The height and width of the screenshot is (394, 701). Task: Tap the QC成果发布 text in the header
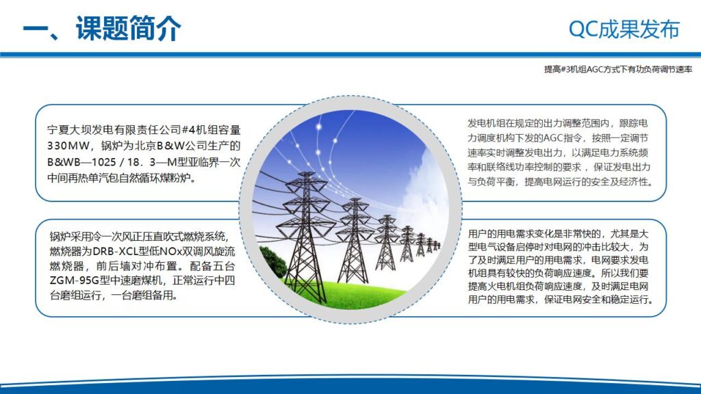(x=624, y=29)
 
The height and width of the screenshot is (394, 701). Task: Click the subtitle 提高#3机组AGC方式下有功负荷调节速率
(x=618, y=69)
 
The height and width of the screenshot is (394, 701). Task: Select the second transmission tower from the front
(x=354, y=237)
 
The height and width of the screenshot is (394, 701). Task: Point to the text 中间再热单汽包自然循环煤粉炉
(x=121, y=179)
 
